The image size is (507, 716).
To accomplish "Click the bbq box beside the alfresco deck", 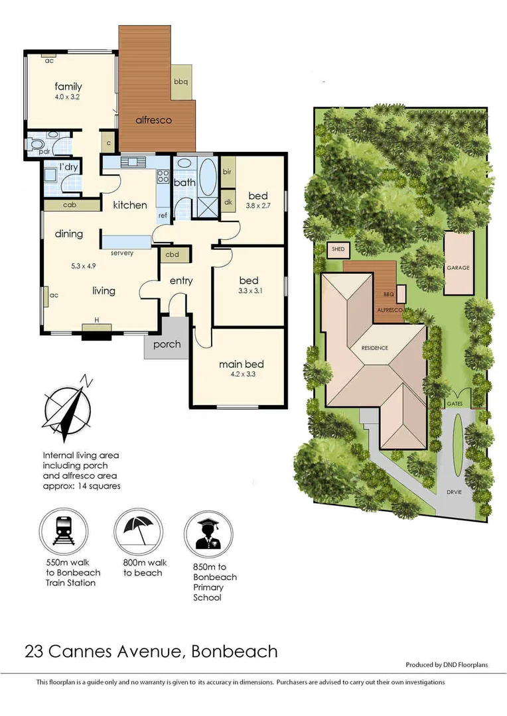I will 181,82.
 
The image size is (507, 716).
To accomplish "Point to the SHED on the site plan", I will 337,249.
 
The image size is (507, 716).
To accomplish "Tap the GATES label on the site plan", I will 455,403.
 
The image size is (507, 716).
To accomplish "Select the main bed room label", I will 242,365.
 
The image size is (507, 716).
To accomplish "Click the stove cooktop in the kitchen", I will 162,176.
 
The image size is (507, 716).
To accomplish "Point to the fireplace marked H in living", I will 97,329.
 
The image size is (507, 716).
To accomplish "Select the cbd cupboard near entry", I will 172,254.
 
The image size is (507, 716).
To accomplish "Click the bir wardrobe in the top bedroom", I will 227,172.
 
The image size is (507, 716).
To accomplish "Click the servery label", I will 123,253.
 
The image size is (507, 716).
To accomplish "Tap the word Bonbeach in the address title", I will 234,652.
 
